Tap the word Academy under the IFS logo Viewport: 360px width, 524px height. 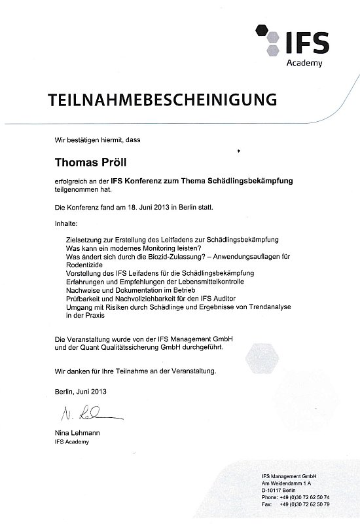pos(305,64)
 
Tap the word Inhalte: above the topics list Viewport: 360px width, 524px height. pos(66,224)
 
